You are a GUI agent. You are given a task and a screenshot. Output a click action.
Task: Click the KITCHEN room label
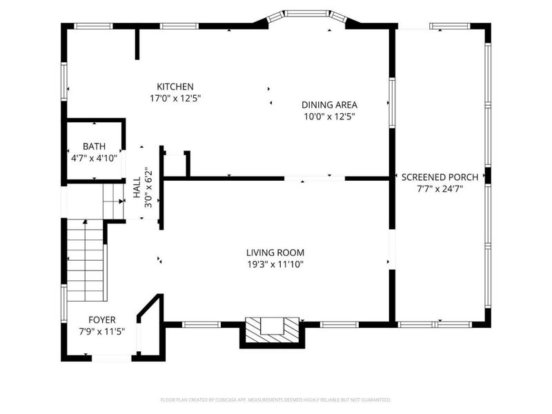(x=175, y=86)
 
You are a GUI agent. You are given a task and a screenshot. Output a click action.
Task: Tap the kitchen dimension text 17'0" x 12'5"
(x=175, y=98)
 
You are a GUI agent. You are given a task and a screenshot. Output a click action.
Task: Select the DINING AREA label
(x=329, y=105)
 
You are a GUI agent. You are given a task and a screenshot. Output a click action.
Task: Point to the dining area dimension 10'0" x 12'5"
(x=329, y=117)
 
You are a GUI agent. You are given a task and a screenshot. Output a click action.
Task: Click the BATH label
(x=95, y=146)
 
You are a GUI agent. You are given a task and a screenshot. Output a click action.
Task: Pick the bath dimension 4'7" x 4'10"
(x=95, y=157)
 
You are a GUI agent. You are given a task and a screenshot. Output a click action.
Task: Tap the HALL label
(x=137, y=188)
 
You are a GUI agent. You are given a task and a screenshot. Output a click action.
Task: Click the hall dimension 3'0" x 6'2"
(x=147, y=188)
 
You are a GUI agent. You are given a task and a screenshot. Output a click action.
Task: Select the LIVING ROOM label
(x=275, y=253)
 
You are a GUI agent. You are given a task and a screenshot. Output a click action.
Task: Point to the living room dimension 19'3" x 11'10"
(x=275, y=264)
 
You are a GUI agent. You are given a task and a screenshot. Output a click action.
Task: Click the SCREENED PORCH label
(x=440, y=177)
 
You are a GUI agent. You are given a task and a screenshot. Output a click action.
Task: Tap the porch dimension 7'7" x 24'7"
(x=440, y=188)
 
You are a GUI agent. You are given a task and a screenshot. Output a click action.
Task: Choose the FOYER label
(x=101, y=319)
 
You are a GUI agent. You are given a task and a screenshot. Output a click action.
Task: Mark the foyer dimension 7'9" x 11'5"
(x=101, y=331)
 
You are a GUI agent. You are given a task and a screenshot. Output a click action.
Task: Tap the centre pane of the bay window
(x=306, y=13)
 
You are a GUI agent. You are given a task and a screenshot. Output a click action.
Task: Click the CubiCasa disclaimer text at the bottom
(x=275, y=400)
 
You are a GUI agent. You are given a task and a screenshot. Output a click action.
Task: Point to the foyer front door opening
(x=112, y=357)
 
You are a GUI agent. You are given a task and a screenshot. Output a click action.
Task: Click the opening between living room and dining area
(x=314, y=178)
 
